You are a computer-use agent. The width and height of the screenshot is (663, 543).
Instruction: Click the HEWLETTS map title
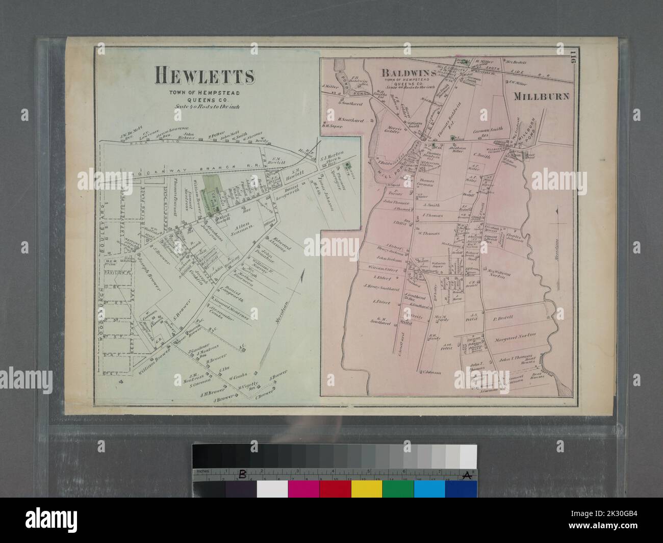[205, 76]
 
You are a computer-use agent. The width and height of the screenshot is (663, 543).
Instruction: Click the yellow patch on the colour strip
[366, 488]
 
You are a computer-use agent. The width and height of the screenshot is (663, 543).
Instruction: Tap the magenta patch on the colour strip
[303, 488]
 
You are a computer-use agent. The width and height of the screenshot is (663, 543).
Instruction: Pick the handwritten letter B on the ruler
[243, 474]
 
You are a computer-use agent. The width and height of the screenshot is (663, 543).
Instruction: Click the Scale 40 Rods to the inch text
[205, 107]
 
